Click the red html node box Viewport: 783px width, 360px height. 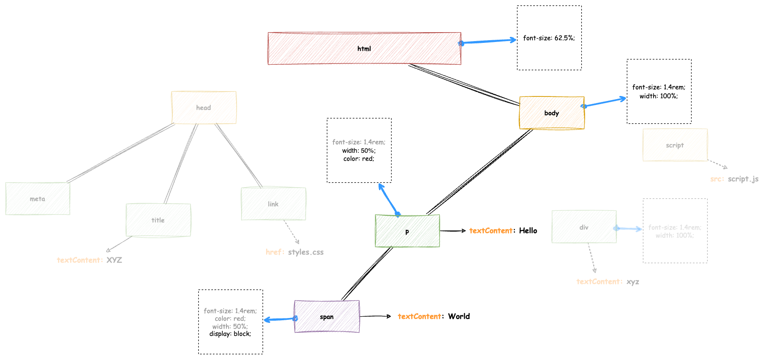click(364, 49)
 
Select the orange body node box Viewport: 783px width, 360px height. click(552, 113)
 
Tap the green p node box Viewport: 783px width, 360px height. click(407, 231)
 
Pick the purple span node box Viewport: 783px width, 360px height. click(327, 317)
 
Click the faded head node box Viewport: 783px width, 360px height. click(204, 108)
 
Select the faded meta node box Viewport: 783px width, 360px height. click(37, 199)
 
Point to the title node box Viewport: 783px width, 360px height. click(158, 220)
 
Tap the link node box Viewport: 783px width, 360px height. click(273, 204)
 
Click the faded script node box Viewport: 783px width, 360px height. click(675, 145)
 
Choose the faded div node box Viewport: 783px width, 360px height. click(584, 227)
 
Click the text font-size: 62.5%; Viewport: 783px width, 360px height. click(549, 38)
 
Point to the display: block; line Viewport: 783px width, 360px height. click(230, 334)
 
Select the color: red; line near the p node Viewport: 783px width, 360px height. click(359, 159)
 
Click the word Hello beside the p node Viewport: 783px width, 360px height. click(528, 231)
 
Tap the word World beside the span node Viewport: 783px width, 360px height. click(459, 317)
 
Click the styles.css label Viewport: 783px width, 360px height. click(306, 252)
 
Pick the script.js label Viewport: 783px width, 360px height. click(743, 179)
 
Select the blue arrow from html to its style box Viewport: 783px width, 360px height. click(489, 42)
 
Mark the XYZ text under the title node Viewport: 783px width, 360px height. click(114, 260)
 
